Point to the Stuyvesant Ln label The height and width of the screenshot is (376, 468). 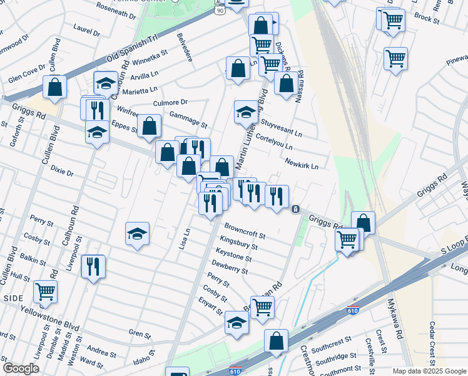pyautogui.click(x=281, y=128)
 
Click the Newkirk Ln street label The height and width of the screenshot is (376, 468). pyautogui.click(x=302, y=162)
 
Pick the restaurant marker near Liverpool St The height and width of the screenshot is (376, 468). pyautogui.click(x=93, y=266)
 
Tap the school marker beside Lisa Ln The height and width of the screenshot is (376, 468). pyautogui.click(x=138, y=234)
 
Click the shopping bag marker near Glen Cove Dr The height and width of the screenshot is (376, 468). pyautogui.click(x=55, y=88)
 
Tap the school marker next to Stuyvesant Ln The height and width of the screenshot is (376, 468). pyautogui.click(x=246, y=112)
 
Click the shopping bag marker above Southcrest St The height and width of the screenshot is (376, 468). pyautogui.click(x=276, y=341)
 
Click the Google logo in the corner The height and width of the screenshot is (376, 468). pyautogui.click(x=21, y=368)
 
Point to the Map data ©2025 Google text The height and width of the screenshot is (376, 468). pyautogui.click(x=429, y=371)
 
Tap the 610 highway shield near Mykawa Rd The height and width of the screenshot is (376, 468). pyautogui.click(x=354, y=310)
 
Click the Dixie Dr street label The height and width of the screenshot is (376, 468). pyautogui.click(x=62, y=170)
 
